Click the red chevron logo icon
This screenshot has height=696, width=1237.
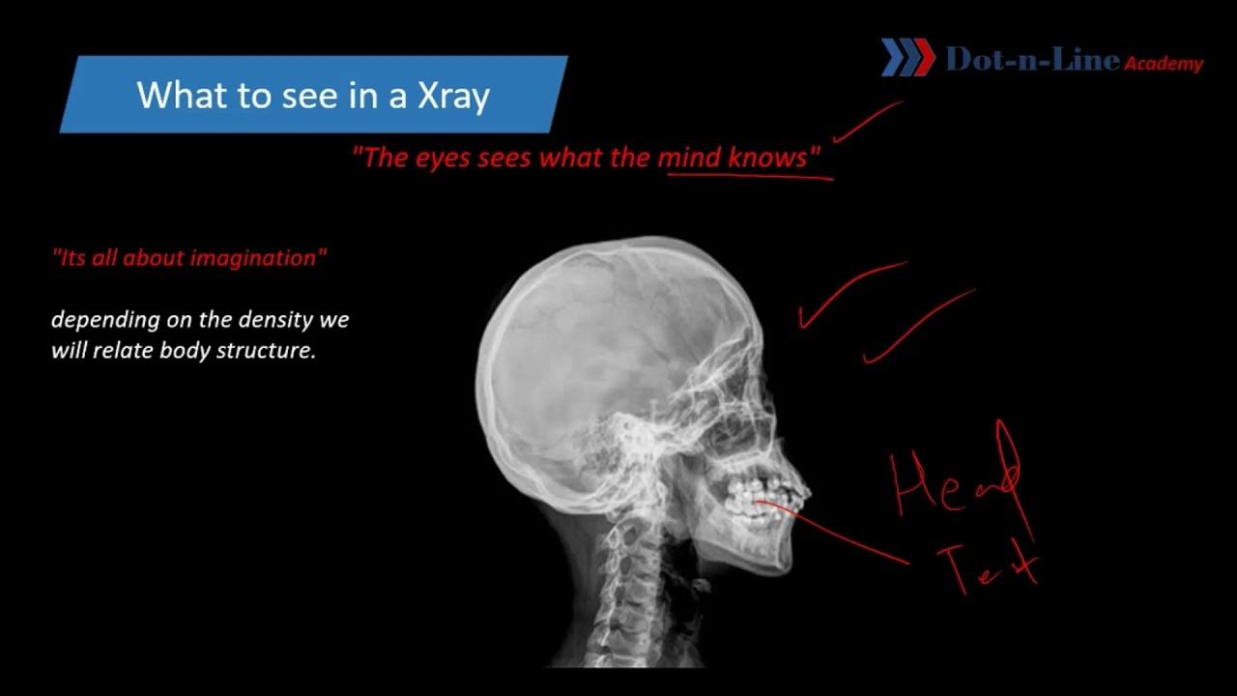(907, 58)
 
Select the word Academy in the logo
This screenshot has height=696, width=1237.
(1164, 64)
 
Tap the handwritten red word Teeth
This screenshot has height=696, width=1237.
(990, 565)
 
